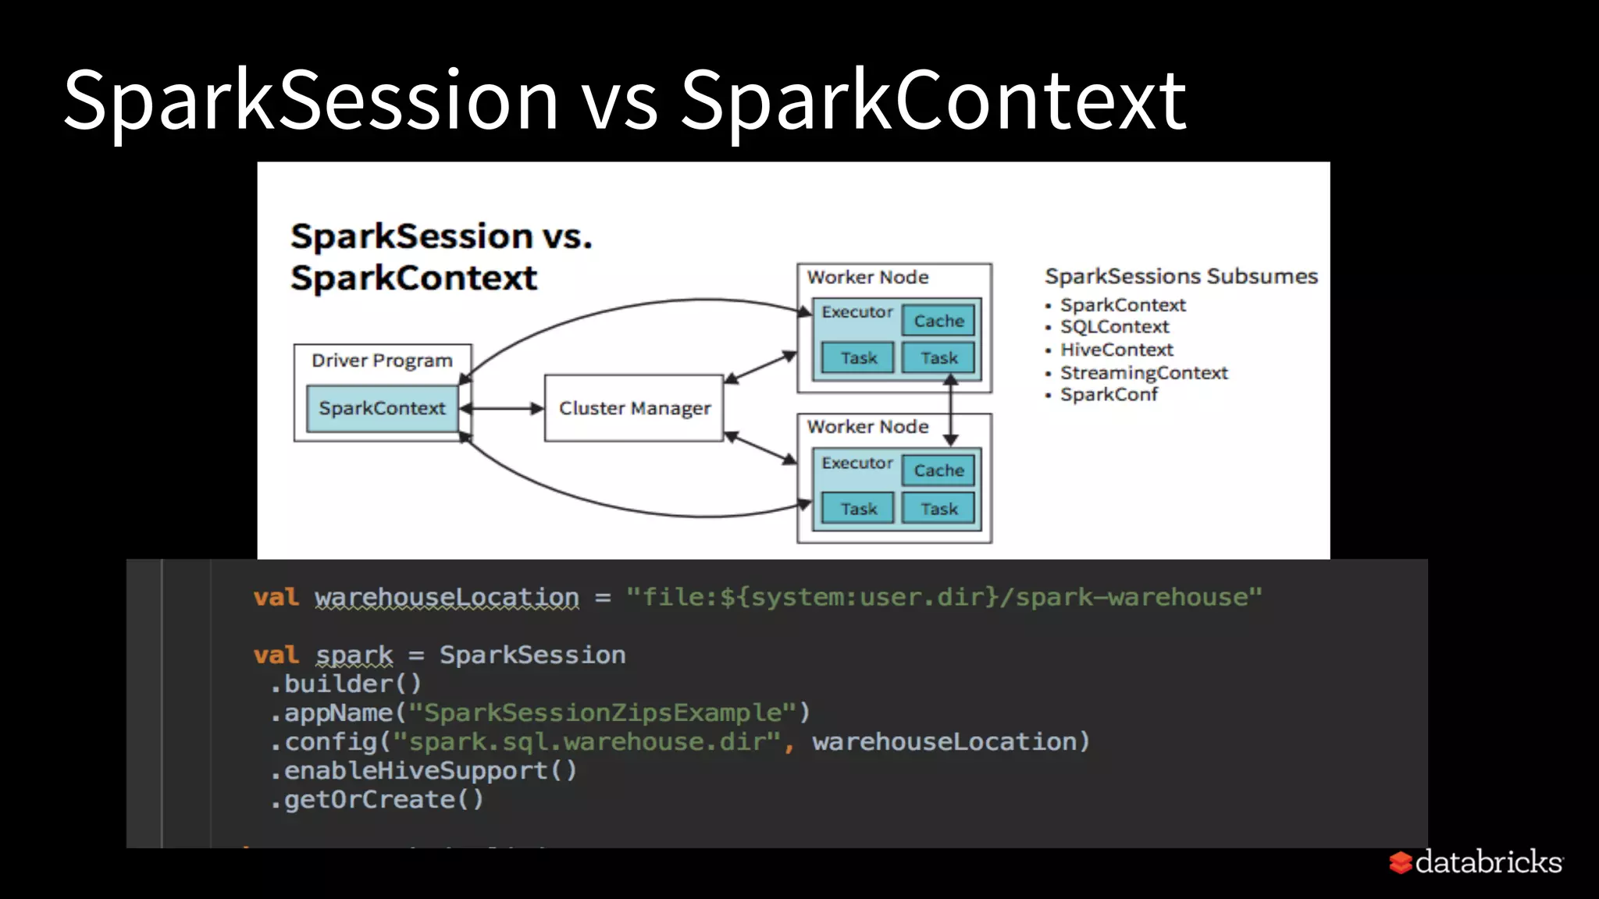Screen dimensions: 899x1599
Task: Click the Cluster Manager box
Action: coord(634,408)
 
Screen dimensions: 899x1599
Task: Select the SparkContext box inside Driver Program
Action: coord(382,408)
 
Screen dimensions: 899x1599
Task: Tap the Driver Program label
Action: coord(382,361)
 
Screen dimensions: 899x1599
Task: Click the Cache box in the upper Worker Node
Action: coord(938,321)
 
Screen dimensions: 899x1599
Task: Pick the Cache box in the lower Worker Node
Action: coord(938,471)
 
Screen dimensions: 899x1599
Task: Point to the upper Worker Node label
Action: coord(867,277)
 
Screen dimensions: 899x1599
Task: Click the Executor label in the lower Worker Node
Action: coord(856,463)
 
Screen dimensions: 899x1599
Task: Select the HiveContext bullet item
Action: coord(1116,350)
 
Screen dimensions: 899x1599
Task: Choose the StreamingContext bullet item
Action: coord(1143,373)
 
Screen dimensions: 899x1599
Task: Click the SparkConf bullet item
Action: coord(1108,395)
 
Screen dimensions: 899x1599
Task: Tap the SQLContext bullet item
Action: coord(1114,327)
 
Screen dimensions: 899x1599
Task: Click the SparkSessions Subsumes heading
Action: coord(1181,276)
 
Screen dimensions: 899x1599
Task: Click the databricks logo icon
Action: coord(1401,862)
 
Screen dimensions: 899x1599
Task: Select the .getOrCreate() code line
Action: coord(378,800)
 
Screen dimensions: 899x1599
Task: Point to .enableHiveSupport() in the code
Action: coord(424,771)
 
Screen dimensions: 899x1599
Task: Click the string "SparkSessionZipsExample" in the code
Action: coord(603,712)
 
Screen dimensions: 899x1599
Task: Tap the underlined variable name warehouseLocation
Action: coord(447,598)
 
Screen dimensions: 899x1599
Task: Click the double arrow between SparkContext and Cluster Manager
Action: coord(502,408)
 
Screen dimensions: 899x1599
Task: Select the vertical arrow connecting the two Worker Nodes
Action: coord(950,410)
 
